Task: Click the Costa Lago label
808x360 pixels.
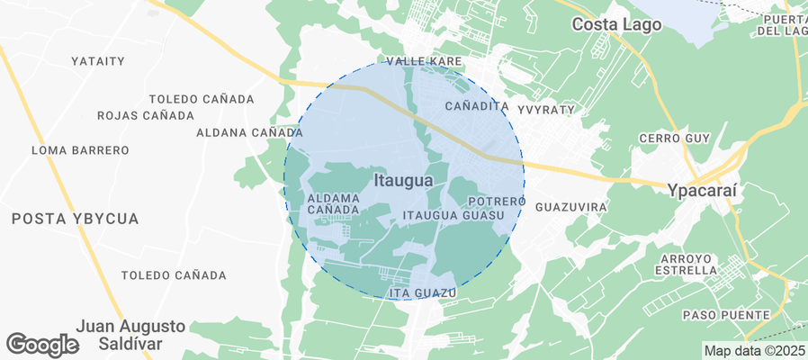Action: tap(617, 24)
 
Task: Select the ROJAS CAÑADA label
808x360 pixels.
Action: tap(145, 115)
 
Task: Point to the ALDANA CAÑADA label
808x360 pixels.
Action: tap(249, 132)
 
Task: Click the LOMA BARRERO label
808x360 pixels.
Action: tap(80, 149)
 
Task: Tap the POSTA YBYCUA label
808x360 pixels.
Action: tap(76, 219)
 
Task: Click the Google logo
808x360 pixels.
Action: tap(41, 344)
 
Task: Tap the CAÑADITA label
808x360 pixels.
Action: tap(478, 106)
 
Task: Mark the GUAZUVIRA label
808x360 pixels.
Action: tap(570, 207)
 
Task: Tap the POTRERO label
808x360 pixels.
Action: tap(496, 201)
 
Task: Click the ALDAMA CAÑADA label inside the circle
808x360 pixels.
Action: tap(334, 203)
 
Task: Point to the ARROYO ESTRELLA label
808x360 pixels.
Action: tap(686, 264)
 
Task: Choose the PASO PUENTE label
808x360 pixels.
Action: tap(726, 314)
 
